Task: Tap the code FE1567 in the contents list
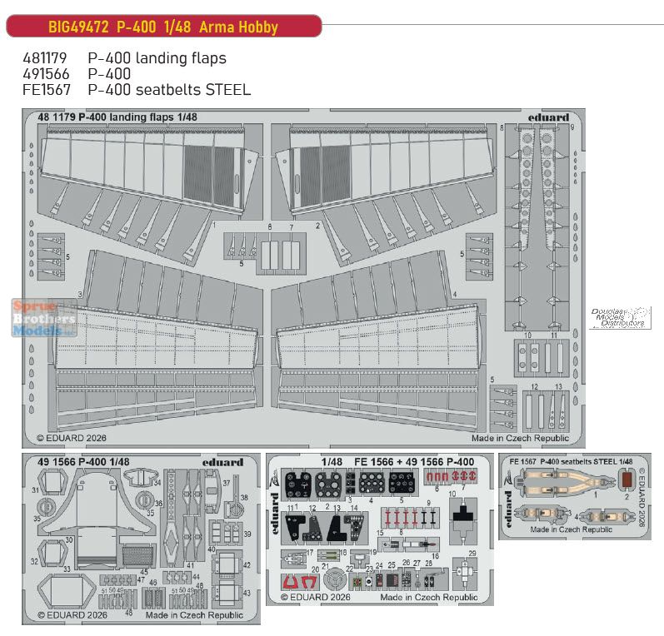tap(45, 89)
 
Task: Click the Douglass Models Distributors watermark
tap(617, 317)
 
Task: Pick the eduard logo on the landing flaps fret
tap(548, 117)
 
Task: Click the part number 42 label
tap(247, 566)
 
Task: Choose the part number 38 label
tap(244, 498)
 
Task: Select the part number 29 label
tap(472, 554)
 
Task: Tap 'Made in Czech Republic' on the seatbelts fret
tap(567, 529)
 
